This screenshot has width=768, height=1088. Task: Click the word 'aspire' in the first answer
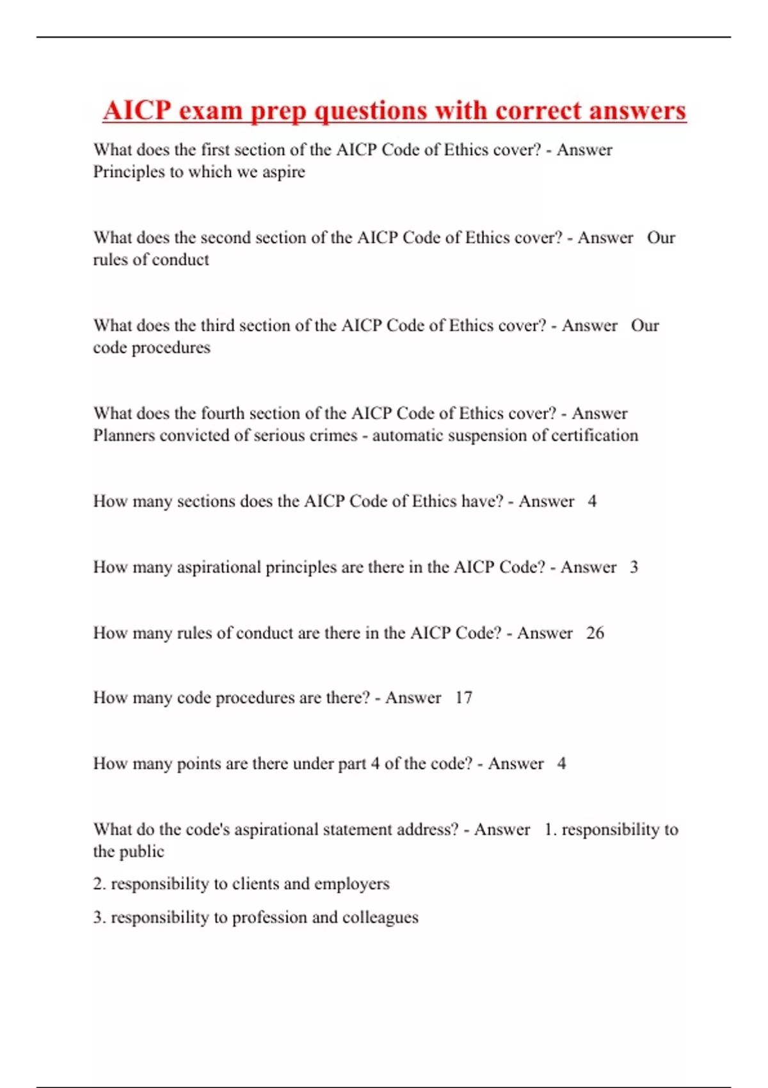click(x=284, y=172)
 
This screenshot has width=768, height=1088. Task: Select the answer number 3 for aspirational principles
click(x=634, y=567)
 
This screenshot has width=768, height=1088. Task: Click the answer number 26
click(x=595, y=633)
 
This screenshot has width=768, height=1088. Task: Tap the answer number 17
click(x=463, y=698)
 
